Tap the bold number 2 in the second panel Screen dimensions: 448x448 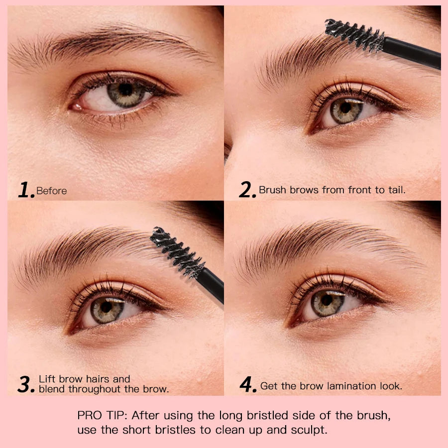tap(247, 190)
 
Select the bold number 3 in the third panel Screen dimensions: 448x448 tap(26, 384)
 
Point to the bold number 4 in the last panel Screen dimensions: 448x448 tap(248, 384)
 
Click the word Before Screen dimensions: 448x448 tap(51, 191)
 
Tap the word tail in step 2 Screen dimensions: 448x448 tap(396, 190)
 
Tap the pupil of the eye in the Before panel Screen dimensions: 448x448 tap(125, 90)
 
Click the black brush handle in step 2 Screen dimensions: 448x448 tap(413, 53)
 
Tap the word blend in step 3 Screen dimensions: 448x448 tap(52, 389)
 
